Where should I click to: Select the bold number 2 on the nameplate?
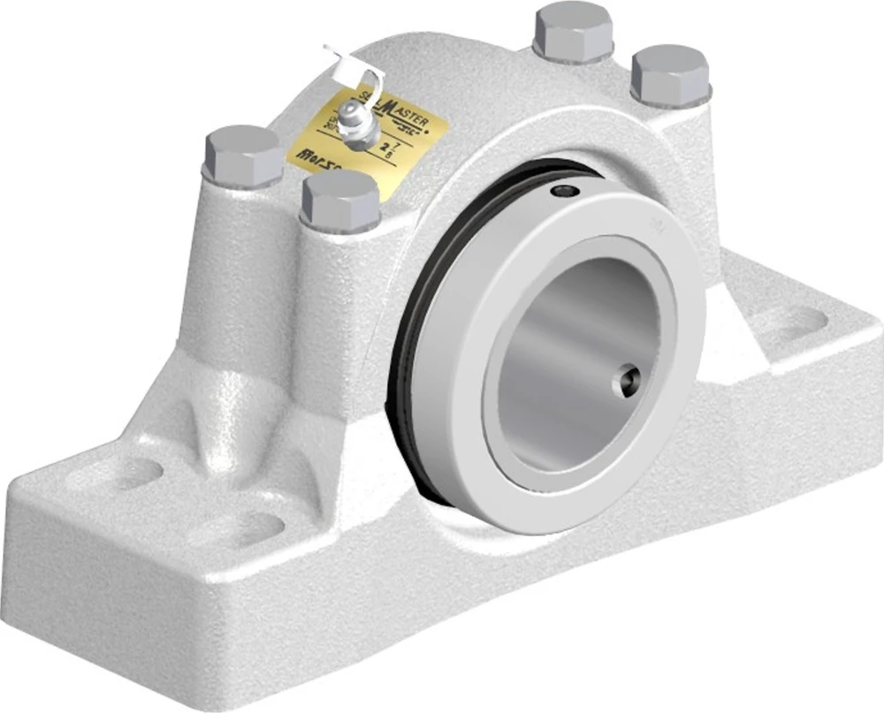tap(385, 147)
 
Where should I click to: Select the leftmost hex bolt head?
tap(243, 155)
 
